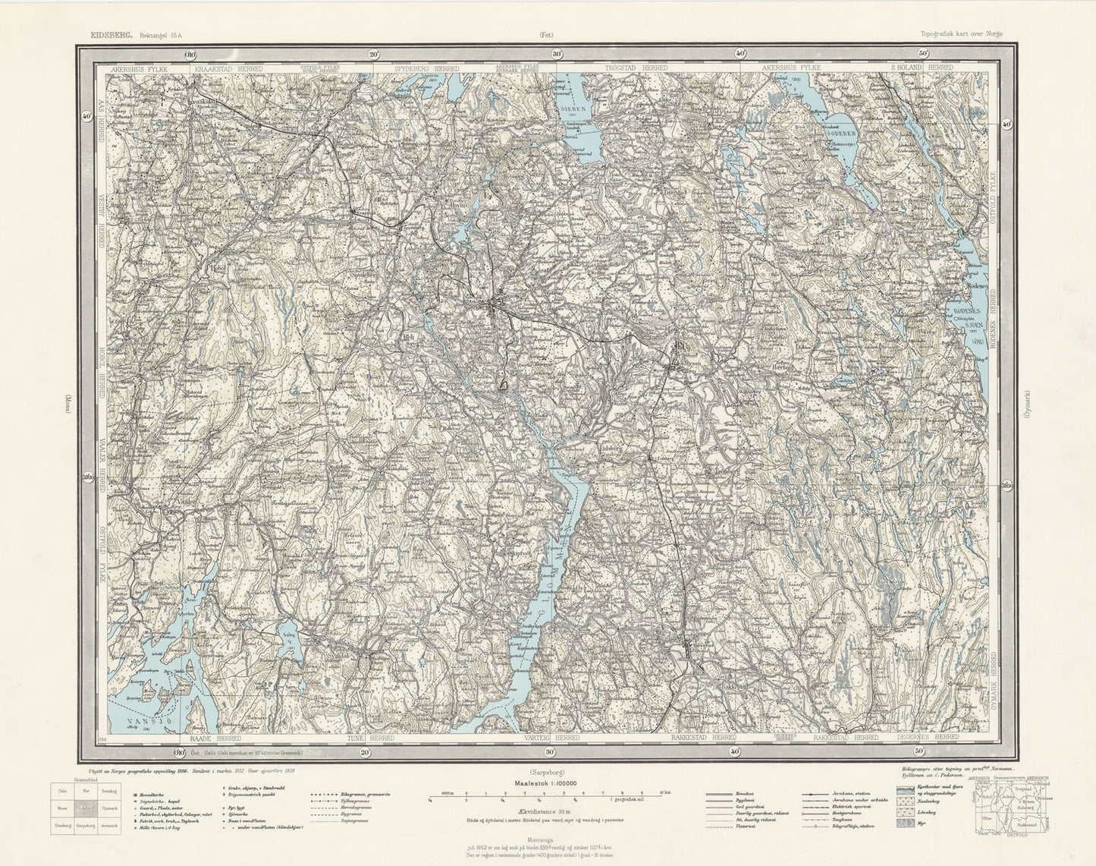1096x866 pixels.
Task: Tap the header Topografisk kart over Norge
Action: click(967, 34)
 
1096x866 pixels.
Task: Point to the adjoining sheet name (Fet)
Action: click(547, 34)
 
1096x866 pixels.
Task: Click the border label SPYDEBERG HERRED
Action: click(426, 68)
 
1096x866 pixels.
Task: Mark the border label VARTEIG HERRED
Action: click(551, 737)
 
